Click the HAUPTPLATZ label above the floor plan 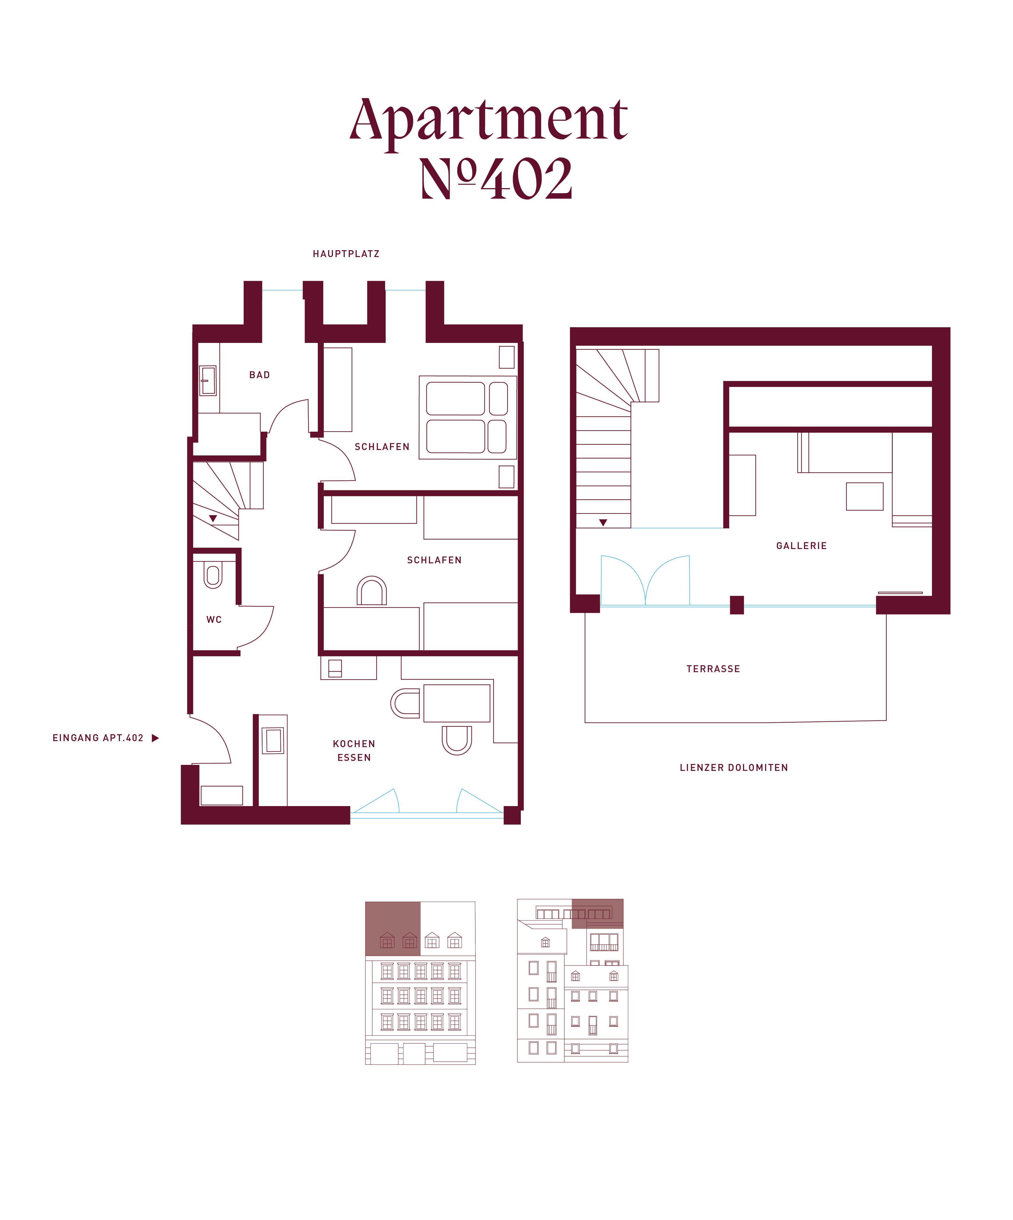point(346,254)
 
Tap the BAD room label point(259,375)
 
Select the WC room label point(214,619)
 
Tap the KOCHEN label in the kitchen point(354,744)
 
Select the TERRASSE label point(713,669)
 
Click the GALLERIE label point(801,546)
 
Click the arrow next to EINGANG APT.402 point(155,738)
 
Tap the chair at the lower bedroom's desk point(371,590)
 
